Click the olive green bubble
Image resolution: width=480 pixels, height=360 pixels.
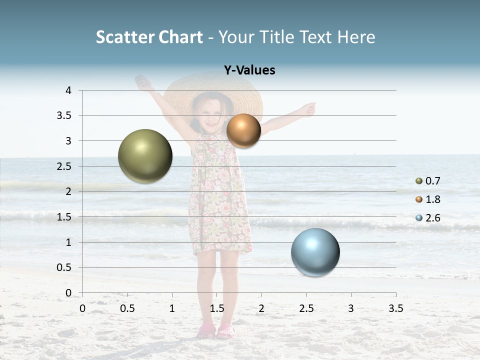[x=145, y=156]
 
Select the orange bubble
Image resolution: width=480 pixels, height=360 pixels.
[x=243, y=130]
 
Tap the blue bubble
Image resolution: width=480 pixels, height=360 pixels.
[x=315, y=252]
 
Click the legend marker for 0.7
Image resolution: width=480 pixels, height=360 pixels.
[x=419, y=181]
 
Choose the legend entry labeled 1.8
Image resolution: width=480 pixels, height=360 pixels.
[x=432, y=199]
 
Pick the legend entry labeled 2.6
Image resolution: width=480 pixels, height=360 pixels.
[x=432, y=218]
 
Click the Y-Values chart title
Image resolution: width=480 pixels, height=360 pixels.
[x=249, y=70]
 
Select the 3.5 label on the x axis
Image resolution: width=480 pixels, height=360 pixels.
[x=395, y=308]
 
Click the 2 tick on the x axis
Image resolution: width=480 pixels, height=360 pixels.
[x=261, y=308]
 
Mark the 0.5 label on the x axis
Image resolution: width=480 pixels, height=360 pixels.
[x=127, y=308]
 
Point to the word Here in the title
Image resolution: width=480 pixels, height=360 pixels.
[x=356, y=37]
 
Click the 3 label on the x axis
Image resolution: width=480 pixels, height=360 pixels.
[x=351, y=308]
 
